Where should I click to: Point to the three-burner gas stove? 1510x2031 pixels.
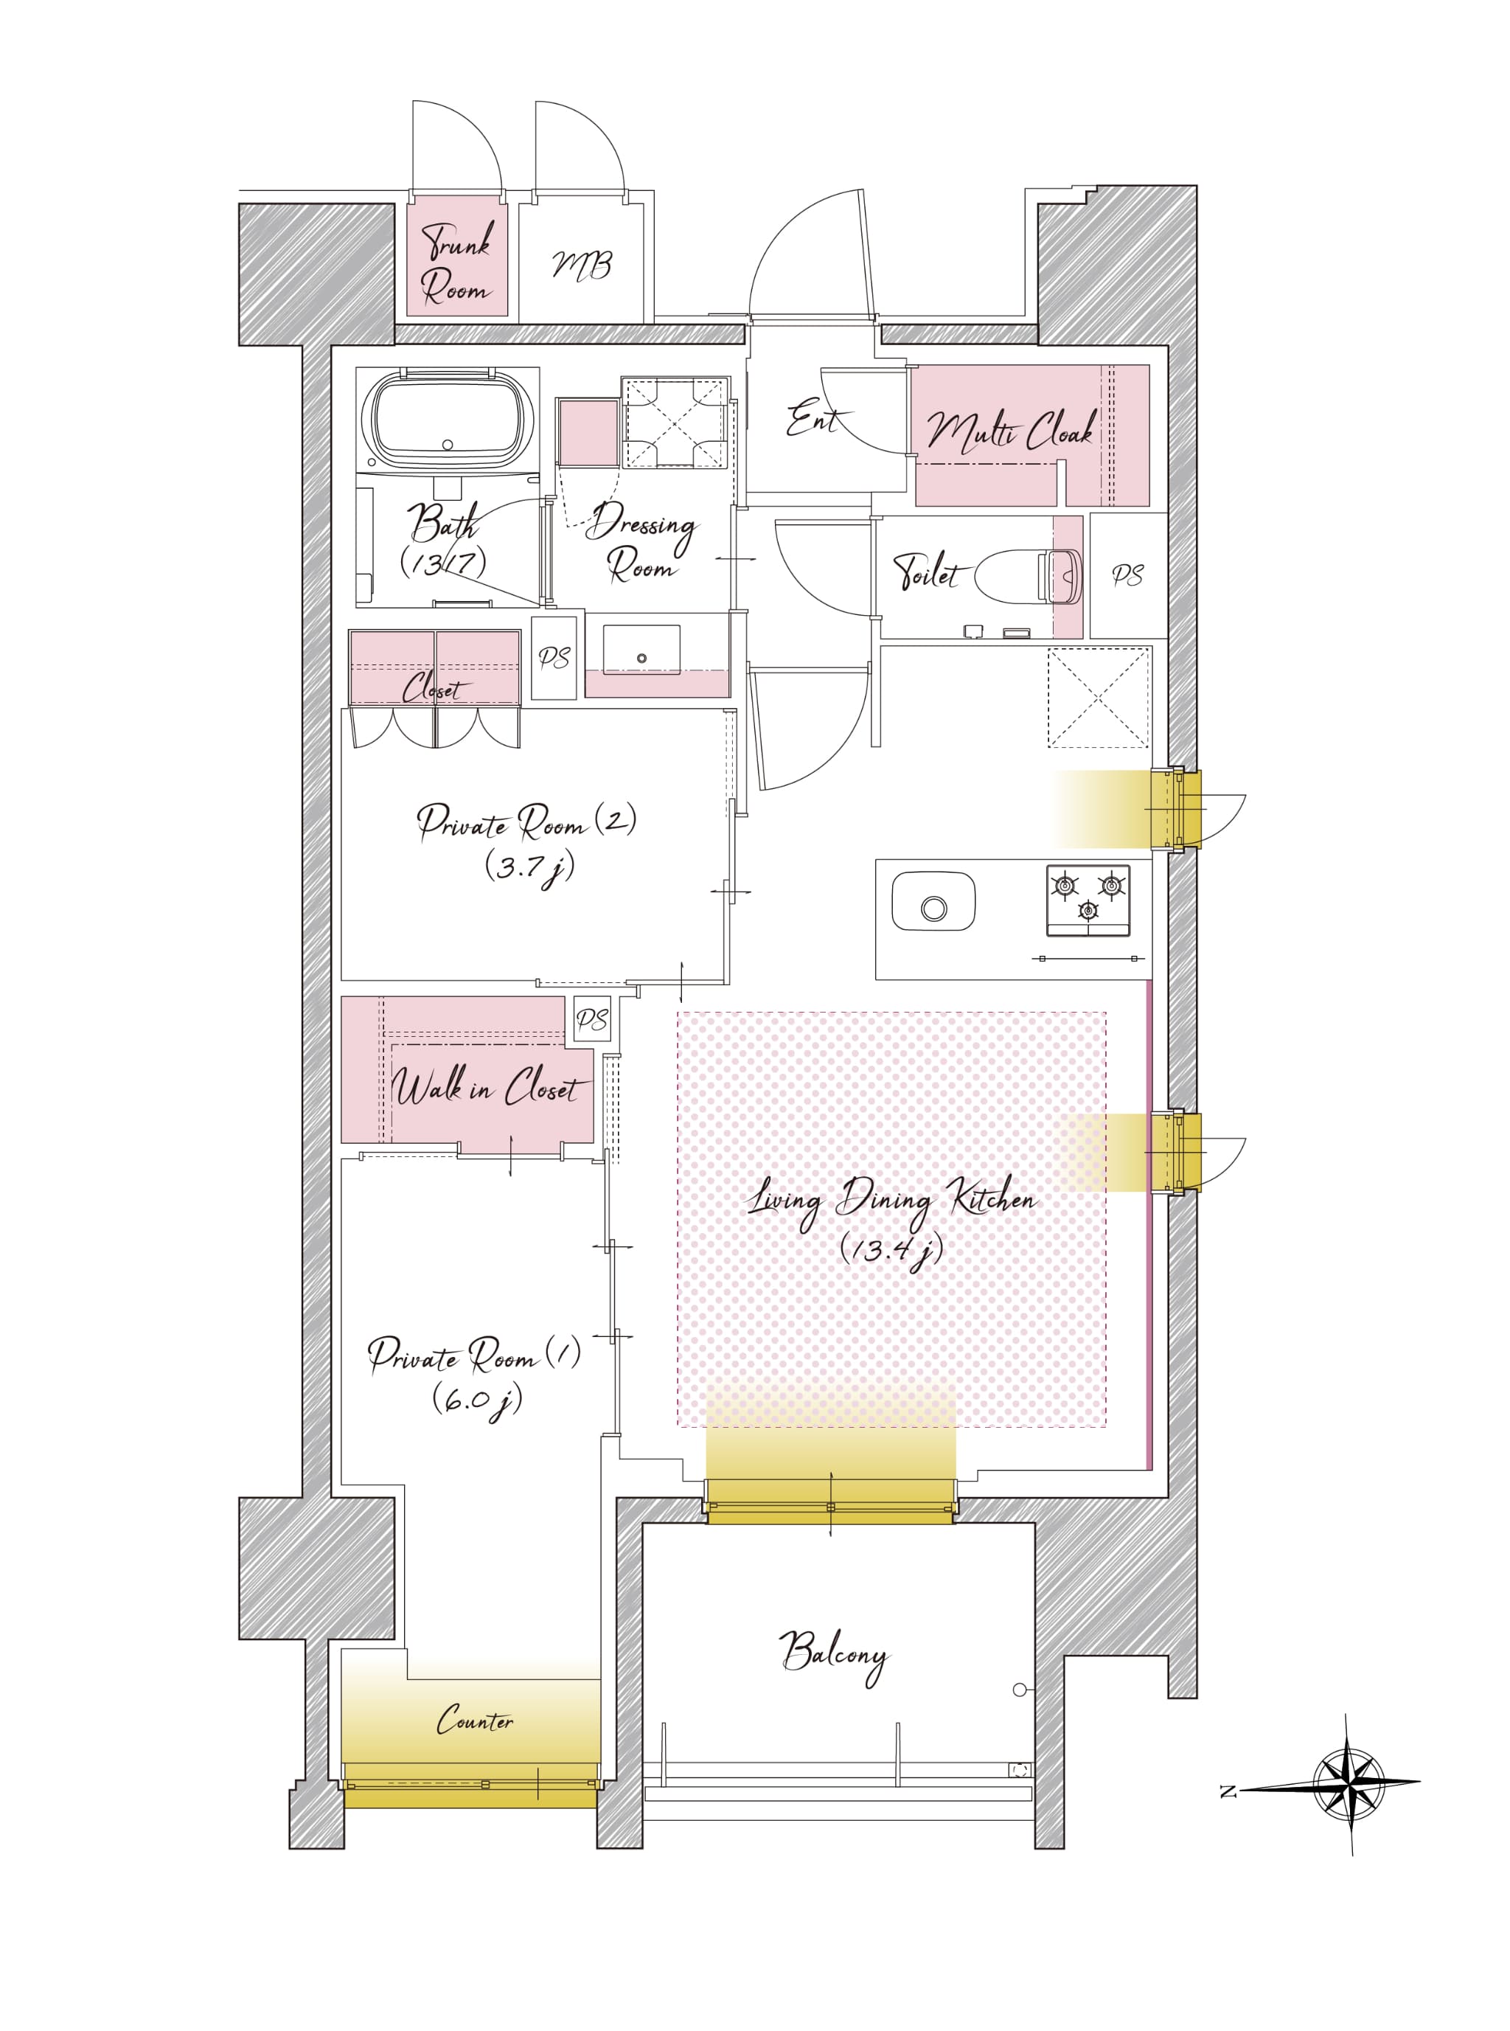pos(1088,900)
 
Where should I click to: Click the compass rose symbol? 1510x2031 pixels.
pos(1349,1782)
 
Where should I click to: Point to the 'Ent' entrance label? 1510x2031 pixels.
pos(813,420)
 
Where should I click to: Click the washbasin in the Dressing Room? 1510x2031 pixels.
pos(641,650)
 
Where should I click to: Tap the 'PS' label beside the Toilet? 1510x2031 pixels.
pos(1128,575)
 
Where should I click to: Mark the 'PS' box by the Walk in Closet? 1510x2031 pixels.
pos(591,1019)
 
